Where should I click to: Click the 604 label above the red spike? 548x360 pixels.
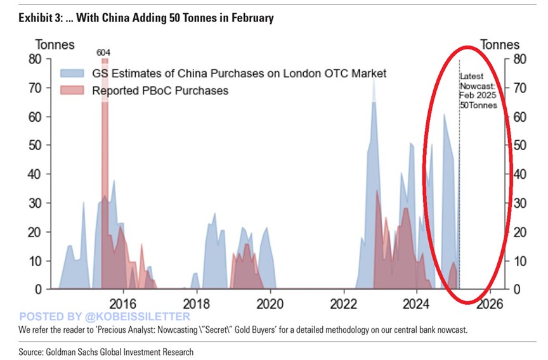pos(103,52)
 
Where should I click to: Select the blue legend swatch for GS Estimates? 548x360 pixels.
pos(74,74)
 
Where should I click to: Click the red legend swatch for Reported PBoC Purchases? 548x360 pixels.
pos(74,91)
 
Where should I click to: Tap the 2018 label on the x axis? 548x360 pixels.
pos(197,302)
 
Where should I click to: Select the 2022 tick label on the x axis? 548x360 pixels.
pos(344,302)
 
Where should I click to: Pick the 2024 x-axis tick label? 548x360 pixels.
pos(417,302)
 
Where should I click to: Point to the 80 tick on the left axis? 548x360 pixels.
pos(35,59)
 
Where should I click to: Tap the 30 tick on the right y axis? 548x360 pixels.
pos(519,203)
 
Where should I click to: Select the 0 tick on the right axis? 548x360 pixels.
pos(516,289)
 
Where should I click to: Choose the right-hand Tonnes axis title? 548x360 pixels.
pos(500,44)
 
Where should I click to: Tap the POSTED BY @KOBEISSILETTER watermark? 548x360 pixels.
pos(105,316)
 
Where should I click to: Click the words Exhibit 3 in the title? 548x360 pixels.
pos(39,18)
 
